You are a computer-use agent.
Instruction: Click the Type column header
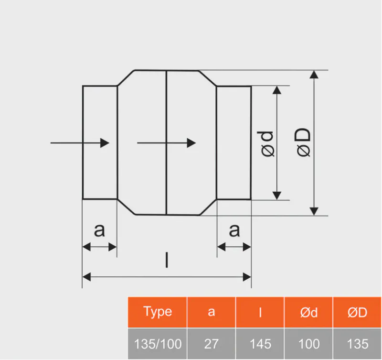tap(158, 312)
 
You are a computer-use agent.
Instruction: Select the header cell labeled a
tap(211, 312)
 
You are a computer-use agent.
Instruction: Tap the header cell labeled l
tap(260, 312)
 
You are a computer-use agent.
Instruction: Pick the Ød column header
tap(308, 312)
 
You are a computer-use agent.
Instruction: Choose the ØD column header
tap(357, 312)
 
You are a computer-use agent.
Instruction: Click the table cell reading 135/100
tap(158, 343)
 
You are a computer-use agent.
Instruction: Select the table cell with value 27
tap(211, 343)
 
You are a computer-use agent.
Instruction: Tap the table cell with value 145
tap(260, 343)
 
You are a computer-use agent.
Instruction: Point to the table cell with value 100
tap(308, 343)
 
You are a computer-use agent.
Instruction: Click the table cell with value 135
tap(357, 343)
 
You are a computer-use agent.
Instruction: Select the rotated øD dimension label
tap(304, 142)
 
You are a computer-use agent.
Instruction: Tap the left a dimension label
tap(99, 231)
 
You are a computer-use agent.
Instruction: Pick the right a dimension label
tap(234, 231)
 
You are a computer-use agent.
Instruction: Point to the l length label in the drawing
tap(166, 261)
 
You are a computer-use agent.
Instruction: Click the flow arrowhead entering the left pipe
tap(105, 142)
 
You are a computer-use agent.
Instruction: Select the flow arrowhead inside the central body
tap(191, 142)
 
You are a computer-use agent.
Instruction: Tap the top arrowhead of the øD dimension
tap(314, 74)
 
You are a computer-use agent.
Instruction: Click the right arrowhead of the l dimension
tap(247, 276)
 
